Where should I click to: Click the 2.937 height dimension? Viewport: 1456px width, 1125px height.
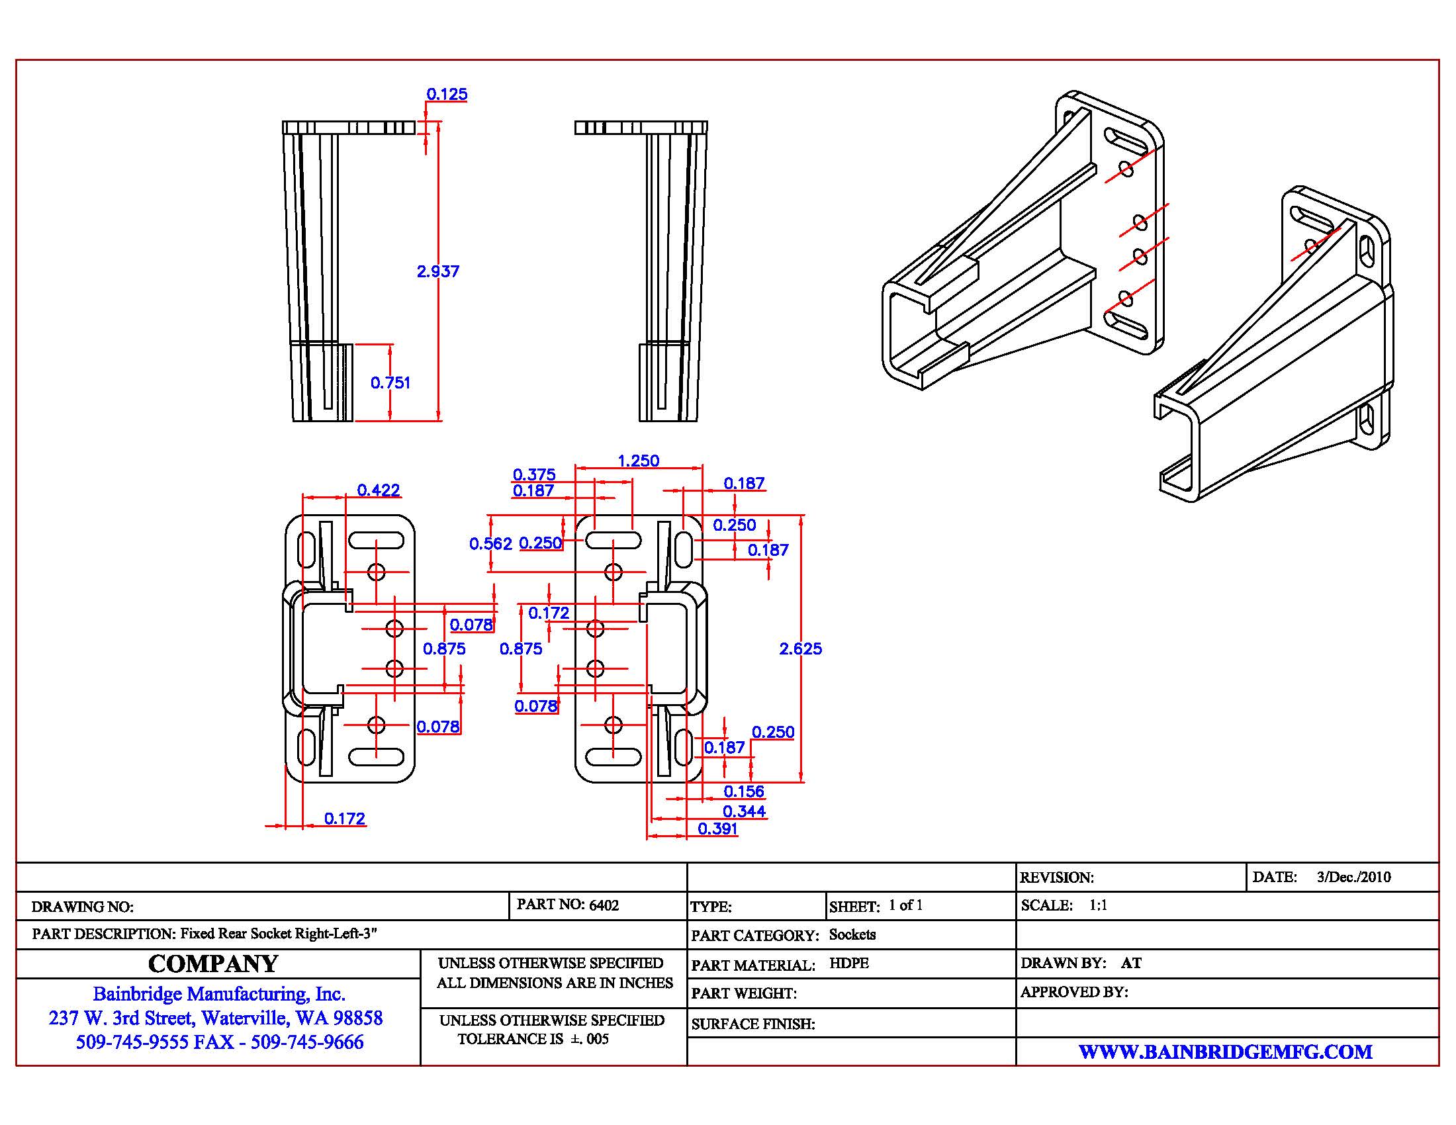click(438, 271)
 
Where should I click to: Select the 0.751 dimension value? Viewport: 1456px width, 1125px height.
click(390, 382)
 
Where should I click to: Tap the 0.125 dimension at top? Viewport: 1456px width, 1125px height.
click(447, 94)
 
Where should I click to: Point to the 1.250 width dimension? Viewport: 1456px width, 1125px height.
click(638, 461)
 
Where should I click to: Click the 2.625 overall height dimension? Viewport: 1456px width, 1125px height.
click(800, 649)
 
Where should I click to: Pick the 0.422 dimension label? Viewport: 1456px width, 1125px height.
click(378, 490)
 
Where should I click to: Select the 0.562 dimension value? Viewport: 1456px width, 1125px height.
click(490, 543)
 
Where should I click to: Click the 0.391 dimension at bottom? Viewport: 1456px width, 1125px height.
click(717, 829)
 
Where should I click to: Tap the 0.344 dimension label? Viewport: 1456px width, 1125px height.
click(744, 811)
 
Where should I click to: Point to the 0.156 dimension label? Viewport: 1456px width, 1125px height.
click(744, 791)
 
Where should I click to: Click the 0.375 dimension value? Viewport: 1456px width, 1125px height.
click(534, 474)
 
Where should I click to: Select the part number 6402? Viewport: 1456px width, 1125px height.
click(604, 905)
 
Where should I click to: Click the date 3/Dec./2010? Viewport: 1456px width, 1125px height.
click(1353, 877)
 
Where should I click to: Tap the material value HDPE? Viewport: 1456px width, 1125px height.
click(848, 963)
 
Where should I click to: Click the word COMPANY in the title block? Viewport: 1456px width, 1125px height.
click(212, 964)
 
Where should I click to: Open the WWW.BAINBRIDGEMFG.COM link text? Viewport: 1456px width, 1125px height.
click(1225, 1052)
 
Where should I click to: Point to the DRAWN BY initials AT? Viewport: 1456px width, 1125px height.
click(1130, 963)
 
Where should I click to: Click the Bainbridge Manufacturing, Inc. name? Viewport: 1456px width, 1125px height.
click(218, 994)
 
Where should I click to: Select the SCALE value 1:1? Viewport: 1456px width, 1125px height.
click(1098, 905)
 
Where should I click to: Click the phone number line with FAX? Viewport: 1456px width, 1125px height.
click(219, 1042)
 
